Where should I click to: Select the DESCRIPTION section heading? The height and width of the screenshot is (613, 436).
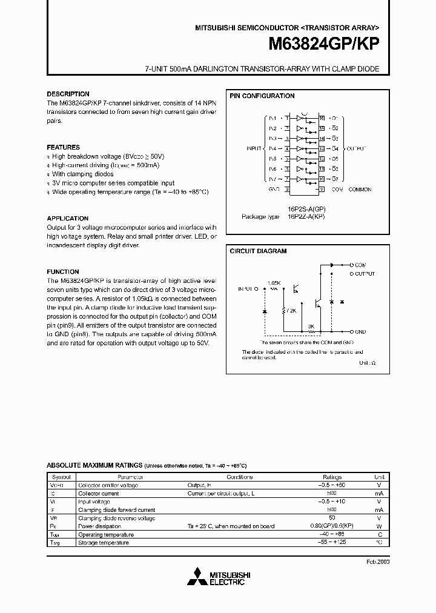click(68, 94)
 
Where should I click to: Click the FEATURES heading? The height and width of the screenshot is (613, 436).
click(63, 147)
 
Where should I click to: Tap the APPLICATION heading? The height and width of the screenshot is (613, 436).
click(67, 218)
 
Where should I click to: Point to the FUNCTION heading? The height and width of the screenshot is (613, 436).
click(63, 272)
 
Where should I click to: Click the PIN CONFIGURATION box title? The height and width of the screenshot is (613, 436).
click(262, 96)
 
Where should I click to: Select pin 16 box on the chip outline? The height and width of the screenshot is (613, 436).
click(322, 118)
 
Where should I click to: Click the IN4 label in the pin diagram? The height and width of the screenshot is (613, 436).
click(272, 148)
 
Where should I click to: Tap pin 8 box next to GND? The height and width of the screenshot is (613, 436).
click(287, 190)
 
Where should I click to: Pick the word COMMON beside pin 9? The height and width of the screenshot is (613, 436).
click(360, 190)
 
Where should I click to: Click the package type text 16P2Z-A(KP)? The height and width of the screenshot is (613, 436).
click(306, 216)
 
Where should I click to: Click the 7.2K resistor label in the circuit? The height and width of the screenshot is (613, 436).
click(292, 310)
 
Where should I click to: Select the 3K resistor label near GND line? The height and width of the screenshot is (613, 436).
click(311, 326)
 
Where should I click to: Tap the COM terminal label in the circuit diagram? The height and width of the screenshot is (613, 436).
click(360, 265)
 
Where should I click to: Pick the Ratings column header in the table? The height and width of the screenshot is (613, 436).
click(332, 477)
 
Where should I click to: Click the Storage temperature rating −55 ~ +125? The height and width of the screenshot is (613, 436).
click(332, 543)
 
